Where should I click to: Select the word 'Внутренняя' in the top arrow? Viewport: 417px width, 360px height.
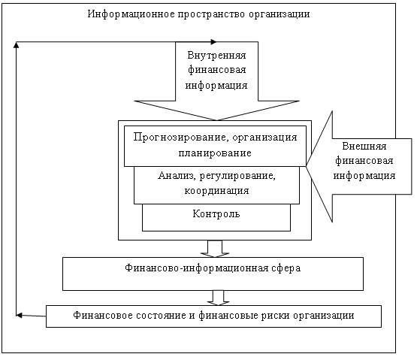(216, 56)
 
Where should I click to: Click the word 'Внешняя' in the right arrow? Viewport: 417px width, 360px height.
(364, 146)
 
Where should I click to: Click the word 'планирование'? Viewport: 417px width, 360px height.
(215, 153)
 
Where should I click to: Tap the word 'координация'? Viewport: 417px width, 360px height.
(216, 191)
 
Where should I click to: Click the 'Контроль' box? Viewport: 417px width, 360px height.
(216, 217)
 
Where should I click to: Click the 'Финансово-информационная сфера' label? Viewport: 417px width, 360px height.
(213, 268)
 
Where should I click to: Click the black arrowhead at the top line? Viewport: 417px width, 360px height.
(213, 42)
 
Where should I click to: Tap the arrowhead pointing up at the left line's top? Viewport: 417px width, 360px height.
(17, 44)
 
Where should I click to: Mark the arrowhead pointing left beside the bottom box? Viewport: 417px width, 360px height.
(19, 316)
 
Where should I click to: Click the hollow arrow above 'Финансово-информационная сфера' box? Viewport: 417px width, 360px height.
(215, 249)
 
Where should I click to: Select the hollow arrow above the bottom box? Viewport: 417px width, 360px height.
(219, 298)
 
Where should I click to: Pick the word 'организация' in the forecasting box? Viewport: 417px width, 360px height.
(265, 138)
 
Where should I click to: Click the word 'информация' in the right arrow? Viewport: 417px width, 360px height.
(364, 176)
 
